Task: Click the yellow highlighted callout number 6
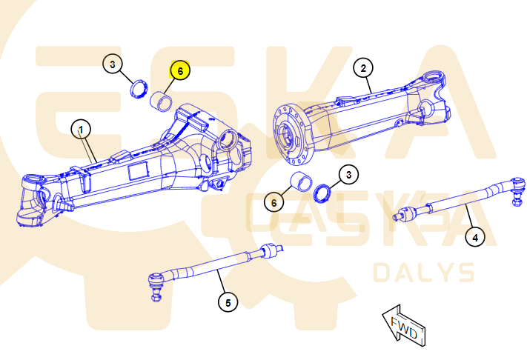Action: (x=180, y=70)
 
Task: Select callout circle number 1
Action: (x=81, y=130)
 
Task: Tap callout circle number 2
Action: (x=363, y=68)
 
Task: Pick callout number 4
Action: (x=475, y=238)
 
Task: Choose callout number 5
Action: (x=228, y=302)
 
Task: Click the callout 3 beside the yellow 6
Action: (x=113, y=64)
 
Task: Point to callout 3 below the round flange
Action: (x=348, y=175)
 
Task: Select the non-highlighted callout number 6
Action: (x=274, y=202)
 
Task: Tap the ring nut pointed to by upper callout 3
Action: (x=139, y=89)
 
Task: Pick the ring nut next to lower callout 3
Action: (x=322, y=193)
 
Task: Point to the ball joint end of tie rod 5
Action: (x=156, y=286)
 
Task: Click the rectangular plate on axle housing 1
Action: (x=138, y=171)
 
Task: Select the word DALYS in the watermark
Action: (x=424, y=273)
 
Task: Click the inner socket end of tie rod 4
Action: (x=405, y=213)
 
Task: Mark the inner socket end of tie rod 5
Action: (x=271, y=250)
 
